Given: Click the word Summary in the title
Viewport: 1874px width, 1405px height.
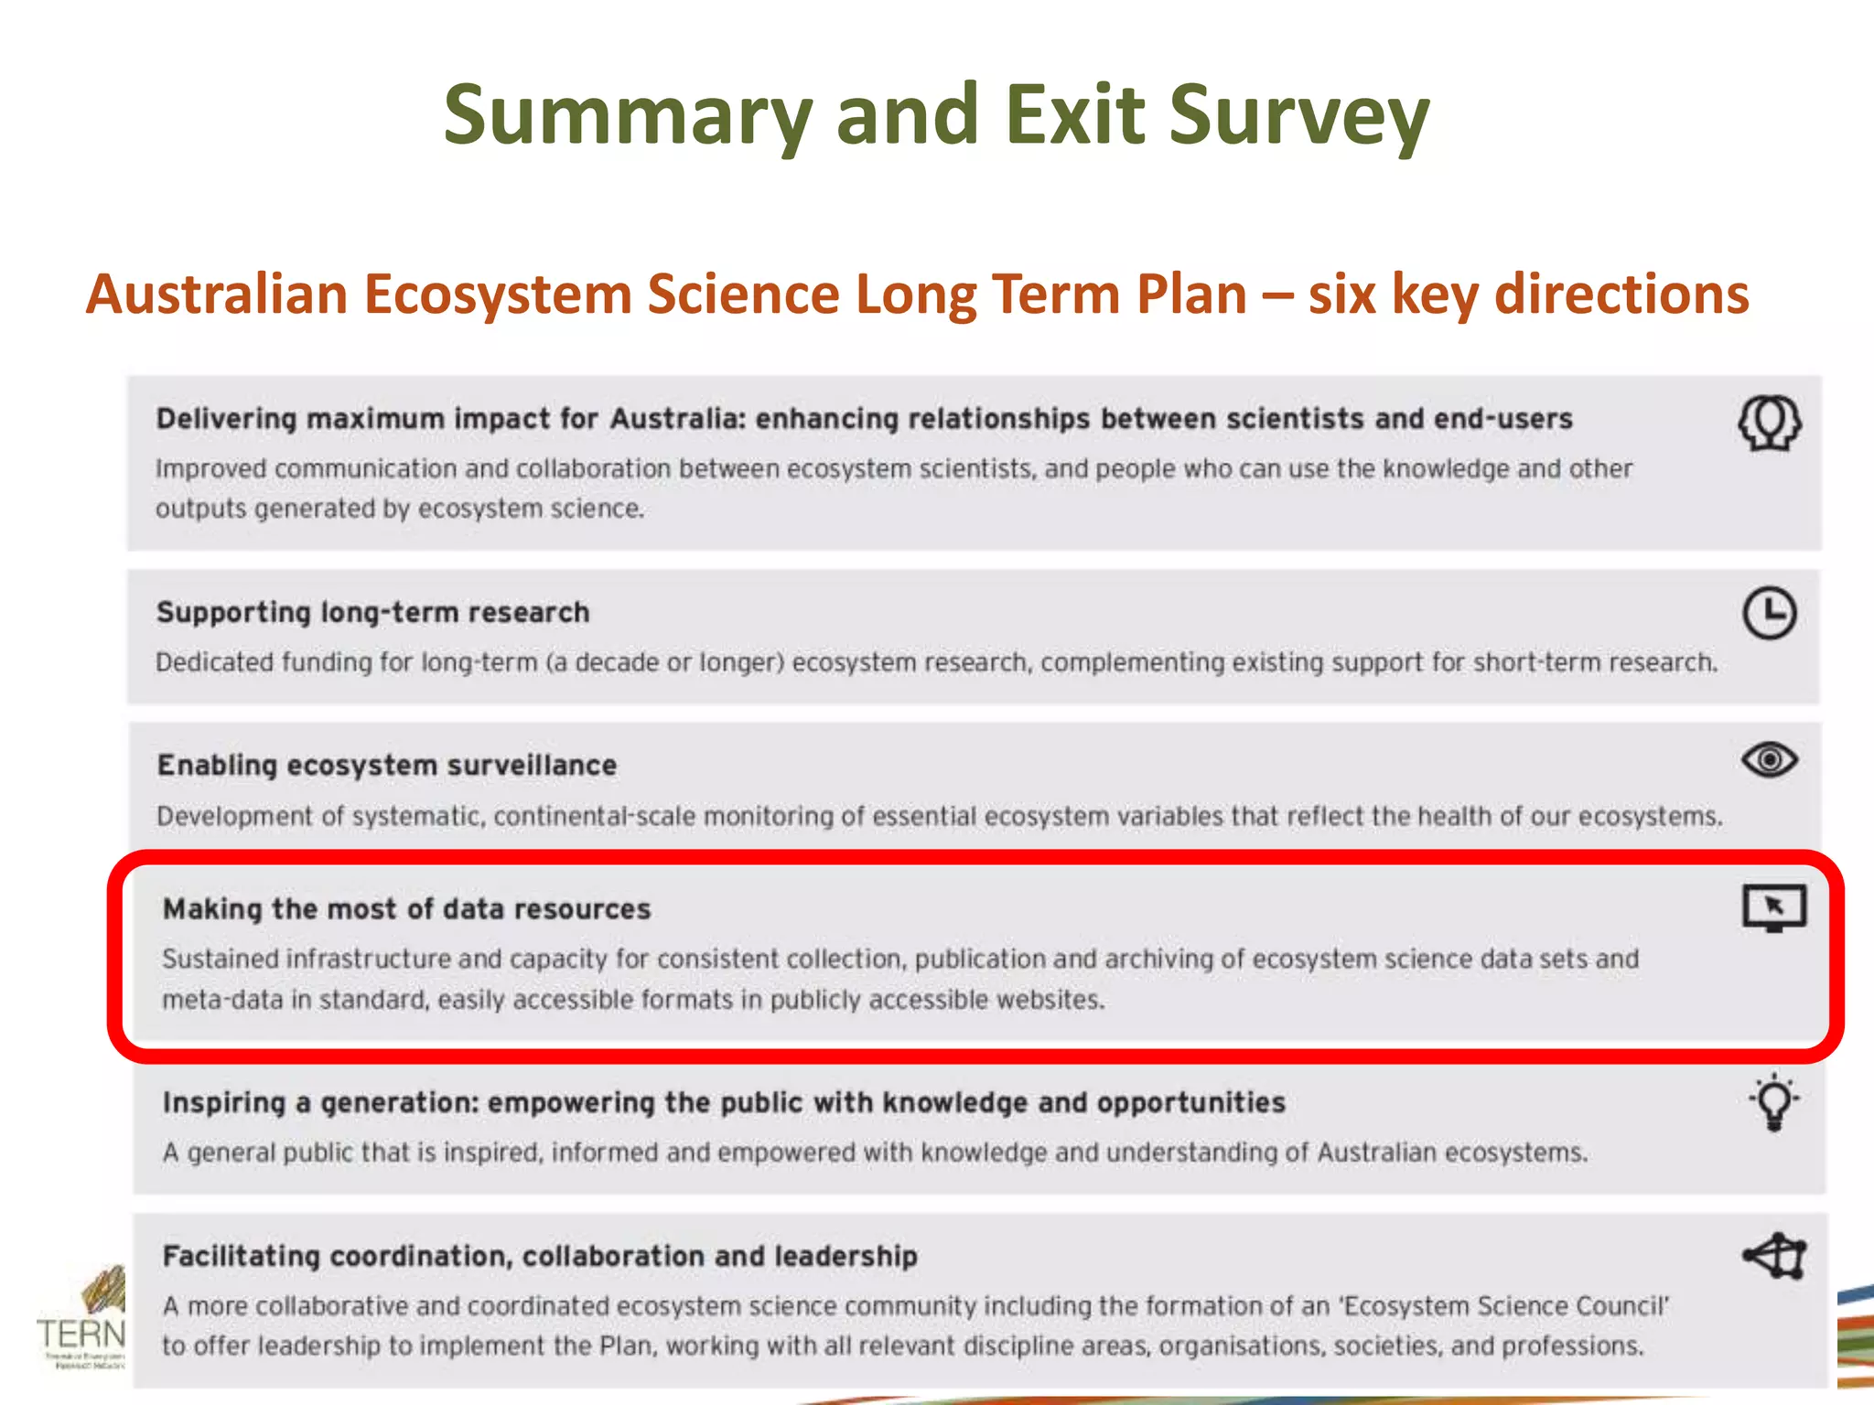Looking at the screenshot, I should click(628, 115).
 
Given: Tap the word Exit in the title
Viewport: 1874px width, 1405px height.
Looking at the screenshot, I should click(1075, 115).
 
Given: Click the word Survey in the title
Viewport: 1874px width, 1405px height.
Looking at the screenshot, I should click(1299, 115).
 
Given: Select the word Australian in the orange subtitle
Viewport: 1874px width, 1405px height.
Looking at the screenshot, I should click(217, 295).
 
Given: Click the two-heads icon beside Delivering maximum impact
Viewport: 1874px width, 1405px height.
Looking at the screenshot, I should click(1770, 423).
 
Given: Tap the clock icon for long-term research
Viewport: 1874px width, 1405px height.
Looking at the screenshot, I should click(1770, 613).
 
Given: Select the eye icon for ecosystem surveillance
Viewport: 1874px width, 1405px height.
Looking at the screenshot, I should click(1770, 760).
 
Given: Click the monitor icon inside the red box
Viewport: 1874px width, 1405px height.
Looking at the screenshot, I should click(1774, 907).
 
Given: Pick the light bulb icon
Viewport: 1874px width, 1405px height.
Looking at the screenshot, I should click(1774, 1102).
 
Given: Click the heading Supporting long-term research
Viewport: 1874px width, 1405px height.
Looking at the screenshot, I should click(372, 612).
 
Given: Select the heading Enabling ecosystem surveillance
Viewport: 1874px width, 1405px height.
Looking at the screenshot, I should click(387, 765).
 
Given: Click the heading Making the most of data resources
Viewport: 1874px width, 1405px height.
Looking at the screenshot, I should click(406, 908).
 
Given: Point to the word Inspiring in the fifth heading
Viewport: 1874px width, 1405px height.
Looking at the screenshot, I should click(224, 1102).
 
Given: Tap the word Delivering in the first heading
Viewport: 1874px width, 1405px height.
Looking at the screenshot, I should click(226, 419).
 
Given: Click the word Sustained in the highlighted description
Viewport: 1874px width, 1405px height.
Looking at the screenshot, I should click(220, 959).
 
